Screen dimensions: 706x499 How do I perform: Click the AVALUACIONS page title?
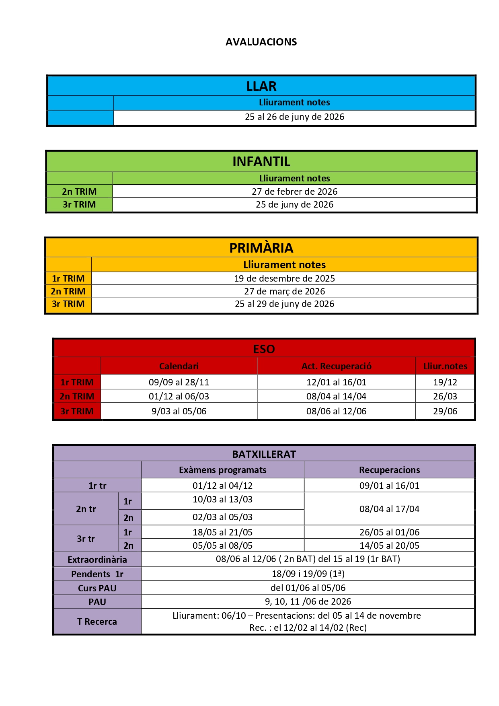(261, 42)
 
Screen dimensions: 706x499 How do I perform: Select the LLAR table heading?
(261, 86)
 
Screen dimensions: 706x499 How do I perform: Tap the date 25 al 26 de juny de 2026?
(294, 117)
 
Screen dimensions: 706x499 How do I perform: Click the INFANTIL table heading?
(261, 161)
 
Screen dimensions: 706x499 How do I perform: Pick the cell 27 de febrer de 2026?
(294, 191)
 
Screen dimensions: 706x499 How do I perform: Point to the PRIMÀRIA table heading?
(261, 248)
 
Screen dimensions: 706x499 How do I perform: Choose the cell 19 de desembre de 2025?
(284, 278)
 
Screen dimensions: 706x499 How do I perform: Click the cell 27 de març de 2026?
(284, 291)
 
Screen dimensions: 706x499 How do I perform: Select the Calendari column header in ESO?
(179, 366)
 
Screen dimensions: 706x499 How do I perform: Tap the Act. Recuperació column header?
(337, 366)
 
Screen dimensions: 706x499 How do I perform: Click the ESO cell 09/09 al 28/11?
(179, 382)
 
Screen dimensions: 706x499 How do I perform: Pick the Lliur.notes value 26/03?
(445, 396)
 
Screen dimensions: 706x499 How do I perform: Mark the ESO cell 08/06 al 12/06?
(337, 411)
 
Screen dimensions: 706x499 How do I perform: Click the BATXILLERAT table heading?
(264, 454)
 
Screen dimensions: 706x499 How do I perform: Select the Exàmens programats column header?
(222, 470)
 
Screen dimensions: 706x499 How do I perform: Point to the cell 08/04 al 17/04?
(389, 509)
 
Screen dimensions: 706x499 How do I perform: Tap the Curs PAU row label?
(97, 588)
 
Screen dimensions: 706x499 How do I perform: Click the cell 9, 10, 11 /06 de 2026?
(308, 601)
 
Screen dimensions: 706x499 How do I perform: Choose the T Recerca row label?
(97, 622)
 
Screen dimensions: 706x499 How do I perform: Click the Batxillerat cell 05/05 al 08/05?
(222, 545)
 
